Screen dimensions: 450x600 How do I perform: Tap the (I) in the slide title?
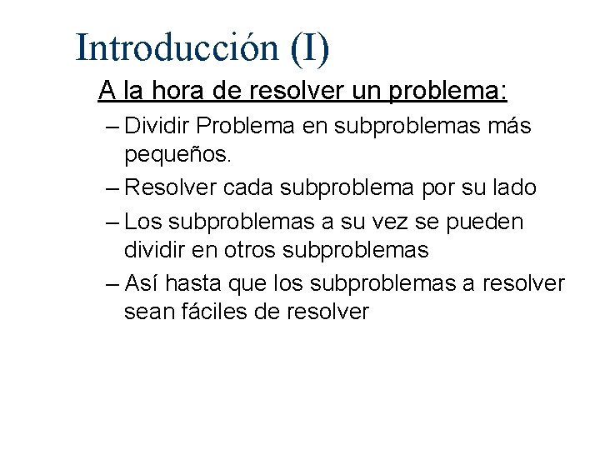310,47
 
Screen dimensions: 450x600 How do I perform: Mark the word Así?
142,283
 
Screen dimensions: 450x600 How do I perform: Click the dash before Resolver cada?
113,188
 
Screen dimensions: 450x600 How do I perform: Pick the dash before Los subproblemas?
113,221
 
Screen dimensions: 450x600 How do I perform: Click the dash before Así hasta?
113,283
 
